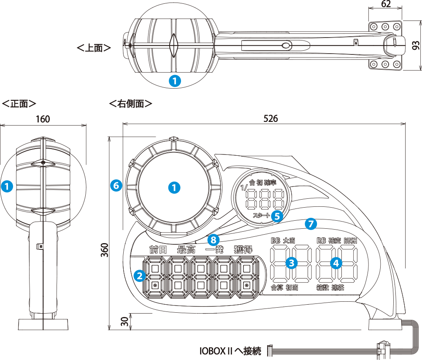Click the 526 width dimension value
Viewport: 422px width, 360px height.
(271, 119)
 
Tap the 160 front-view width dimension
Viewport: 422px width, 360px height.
(43, 119)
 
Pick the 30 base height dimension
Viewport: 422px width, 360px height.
(124, 322)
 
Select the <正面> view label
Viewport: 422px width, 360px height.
(19, 103)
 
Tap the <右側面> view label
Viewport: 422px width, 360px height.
(130, 103)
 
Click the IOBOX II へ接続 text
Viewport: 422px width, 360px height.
(231, 351)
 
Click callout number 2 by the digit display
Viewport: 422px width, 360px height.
(139, 276)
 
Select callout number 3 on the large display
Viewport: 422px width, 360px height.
(291, 263)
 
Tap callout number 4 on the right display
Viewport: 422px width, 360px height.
(336, 263)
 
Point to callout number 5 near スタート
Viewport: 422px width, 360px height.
(277, 216)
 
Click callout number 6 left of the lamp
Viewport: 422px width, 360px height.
(116, 185)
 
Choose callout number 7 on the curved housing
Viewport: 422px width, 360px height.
(310, 224)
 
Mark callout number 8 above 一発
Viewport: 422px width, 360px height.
(214, 240)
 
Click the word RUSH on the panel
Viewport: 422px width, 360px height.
(350, 241)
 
